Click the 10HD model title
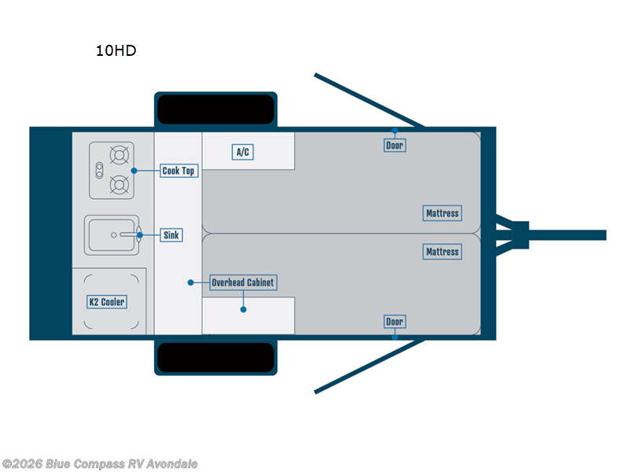pos(116,51)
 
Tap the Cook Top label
pos(178,171)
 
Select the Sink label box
pos(172,235)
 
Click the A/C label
pos(244,152)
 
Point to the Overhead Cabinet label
pos(244,282)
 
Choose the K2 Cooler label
pos(106,302)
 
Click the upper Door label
pos(395,146)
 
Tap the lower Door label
pos(395,322)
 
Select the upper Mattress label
pos(442,213)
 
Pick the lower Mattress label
pos(442,252)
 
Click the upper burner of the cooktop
pos(120,153)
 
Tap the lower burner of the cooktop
pos(120,186)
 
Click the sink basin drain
pos(114,234)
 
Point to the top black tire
pos(215,109)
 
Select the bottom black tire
pos(215,357)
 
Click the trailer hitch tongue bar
pos(566,234)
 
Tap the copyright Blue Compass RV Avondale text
pos(100,464)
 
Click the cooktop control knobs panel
pos(99,170)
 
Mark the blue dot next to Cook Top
pos(134,171)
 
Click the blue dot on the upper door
pos(395,131)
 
